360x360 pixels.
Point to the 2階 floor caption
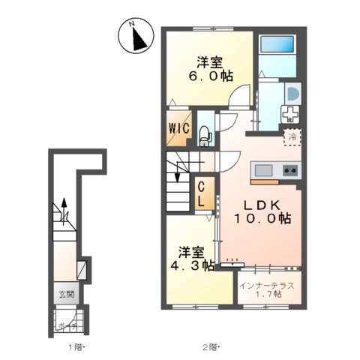tap(209, 347)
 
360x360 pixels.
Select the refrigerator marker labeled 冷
tap(292, 137)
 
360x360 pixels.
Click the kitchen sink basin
tap(264, 170)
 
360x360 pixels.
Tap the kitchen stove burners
tap(289, 171)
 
